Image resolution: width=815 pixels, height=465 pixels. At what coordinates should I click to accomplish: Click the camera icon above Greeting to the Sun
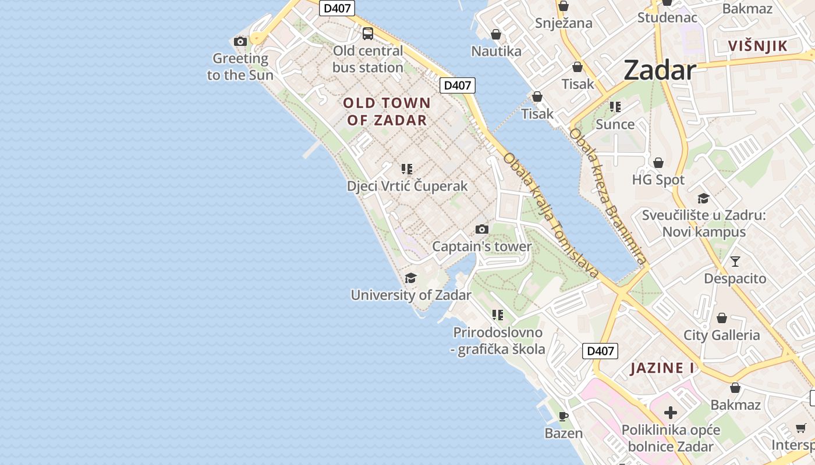(240, 41)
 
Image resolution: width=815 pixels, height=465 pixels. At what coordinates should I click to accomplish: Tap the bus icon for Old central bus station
(368, 34)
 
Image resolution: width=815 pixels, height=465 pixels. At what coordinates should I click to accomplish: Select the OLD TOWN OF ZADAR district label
(387, 112)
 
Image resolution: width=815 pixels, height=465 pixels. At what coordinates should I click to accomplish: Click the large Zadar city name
(660, 71)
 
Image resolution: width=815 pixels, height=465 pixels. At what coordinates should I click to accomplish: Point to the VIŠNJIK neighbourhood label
(758, 46)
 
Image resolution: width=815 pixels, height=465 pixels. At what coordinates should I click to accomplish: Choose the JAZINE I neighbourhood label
(662, 368)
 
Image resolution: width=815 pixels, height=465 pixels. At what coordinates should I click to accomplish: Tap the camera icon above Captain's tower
(481, 229)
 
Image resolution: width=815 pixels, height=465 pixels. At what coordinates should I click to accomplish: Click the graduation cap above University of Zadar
(411, 278)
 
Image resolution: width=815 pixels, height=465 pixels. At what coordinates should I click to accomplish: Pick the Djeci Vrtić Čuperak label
(407, 186)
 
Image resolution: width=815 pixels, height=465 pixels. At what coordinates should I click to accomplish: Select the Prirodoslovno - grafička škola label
(498, 341)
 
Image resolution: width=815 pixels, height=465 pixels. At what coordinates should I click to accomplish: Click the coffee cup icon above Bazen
(563, 416)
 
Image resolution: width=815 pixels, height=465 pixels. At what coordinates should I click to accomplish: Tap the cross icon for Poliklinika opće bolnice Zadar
(671, 413)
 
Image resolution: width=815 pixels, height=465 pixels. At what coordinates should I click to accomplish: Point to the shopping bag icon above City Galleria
(722, 318)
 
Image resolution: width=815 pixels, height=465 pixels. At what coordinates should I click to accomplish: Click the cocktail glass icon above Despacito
(735, 261)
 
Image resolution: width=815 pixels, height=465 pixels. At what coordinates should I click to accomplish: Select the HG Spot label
(658, 180)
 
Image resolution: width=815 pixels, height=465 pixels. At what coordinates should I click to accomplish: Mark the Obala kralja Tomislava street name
(551, 216)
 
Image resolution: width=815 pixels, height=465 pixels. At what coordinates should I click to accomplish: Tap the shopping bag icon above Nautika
(496, 34)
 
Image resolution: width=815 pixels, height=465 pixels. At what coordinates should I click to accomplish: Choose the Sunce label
(615, 124)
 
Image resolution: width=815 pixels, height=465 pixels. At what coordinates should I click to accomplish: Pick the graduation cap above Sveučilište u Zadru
(703, 199)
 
